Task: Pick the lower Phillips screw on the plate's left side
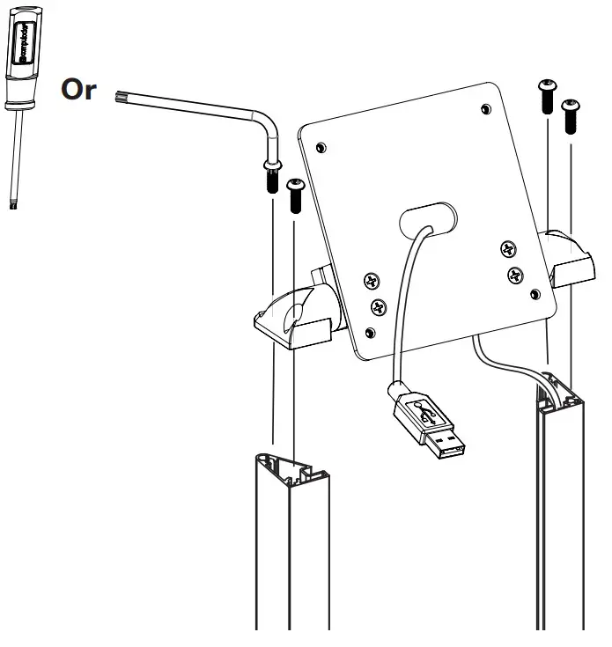click(x=378, y=307)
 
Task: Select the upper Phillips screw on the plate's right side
click(x=507, y=250)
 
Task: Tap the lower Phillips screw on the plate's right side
click(x=515, y=275)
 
